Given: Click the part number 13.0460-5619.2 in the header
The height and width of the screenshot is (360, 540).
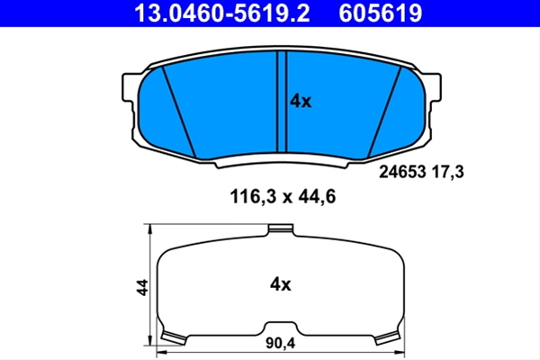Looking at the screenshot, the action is click(222, 13).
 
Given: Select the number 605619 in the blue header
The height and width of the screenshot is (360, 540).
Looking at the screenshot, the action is click(380, 13).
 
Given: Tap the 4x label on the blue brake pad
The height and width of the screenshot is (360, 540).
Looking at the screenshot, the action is click(301, 102).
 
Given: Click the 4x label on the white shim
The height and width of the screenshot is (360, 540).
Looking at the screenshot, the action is click(280, 284).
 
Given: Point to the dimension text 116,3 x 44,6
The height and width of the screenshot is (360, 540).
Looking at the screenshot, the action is click(283, 197).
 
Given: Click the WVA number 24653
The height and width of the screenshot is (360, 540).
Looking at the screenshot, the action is click(402, 172).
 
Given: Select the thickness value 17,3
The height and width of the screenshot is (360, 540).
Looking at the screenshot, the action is click(447, 172).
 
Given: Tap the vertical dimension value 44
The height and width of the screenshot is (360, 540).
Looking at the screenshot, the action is click(142, 287).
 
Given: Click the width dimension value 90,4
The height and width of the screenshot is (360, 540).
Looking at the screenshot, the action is click(280, 343).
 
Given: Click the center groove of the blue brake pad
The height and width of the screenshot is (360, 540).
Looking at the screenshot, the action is click(282, 102).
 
